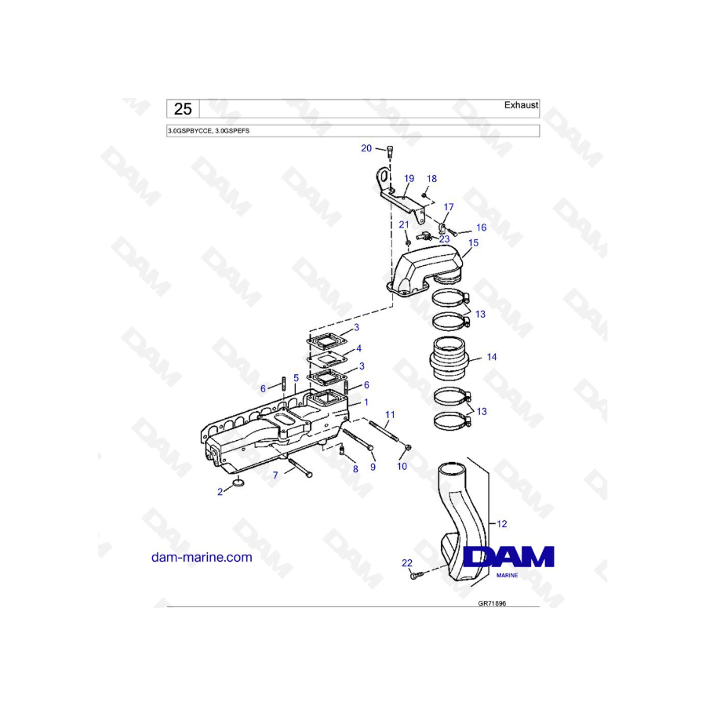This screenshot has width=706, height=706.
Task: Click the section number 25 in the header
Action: pyautogui.click(x=183, y=109)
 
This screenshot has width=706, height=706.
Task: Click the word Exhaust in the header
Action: pyautogui.click(x=521, y=104)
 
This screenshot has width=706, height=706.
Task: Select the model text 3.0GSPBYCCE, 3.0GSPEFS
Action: pyautogui.click(x=208, y=131)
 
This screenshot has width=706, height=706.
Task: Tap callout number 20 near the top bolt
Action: pyautogui.click(x=366, y=148)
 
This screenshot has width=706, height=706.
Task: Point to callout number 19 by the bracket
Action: pyautogui.click(x=408, y=178)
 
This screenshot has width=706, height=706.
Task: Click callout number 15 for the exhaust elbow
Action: pyautogui.click(x=473, y=243)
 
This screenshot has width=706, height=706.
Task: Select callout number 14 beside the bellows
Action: pyautogui.click(x=492, y=357)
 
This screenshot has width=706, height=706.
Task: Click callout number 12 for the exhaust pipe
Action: pyautogui.click(x=503, y=522)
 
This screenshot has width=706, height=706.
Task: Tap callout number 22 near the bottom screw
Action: pyautogui.click(x=406, y=562)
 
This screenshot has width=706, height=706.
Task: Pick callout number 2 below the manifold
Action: pyautogui.click(x=221, y=492)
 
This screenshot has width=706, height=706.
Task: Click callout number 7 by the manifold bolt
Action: pyautogui.click(x=275, y=475)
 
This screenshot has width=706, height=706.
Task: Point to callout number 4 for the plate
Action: pyautogui.click(x=358, y=348)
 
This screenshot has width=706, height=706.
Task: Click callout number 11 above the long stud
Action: pyautogui.click(x=390, y=413)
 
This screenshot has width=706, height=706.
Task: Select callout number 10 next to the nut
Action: pyautogui.click(x=402, y=467)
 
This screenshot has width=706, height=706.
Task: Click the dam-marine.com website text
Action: pyautogui.click(x=202, y=557)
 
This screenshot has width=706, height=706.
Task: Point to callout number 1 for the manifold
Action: pyautogui.click(x=365, y=402)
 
